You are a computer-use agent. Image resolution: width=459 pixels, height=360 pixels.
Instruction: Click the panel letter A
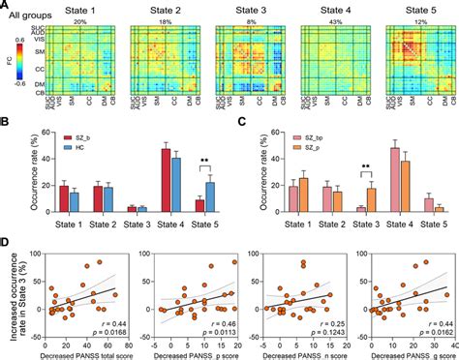[x=6, y=5]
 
